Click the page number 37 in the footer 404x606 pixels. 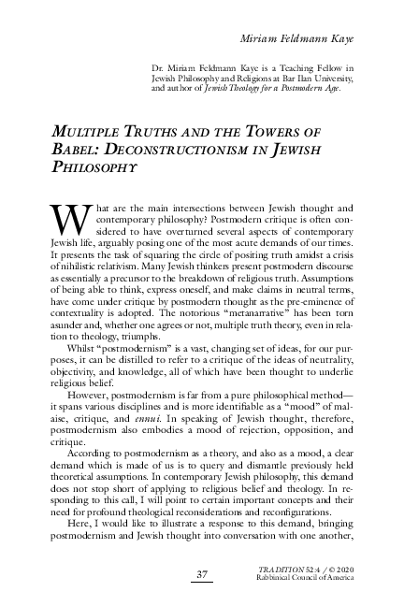pos(201,572)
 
